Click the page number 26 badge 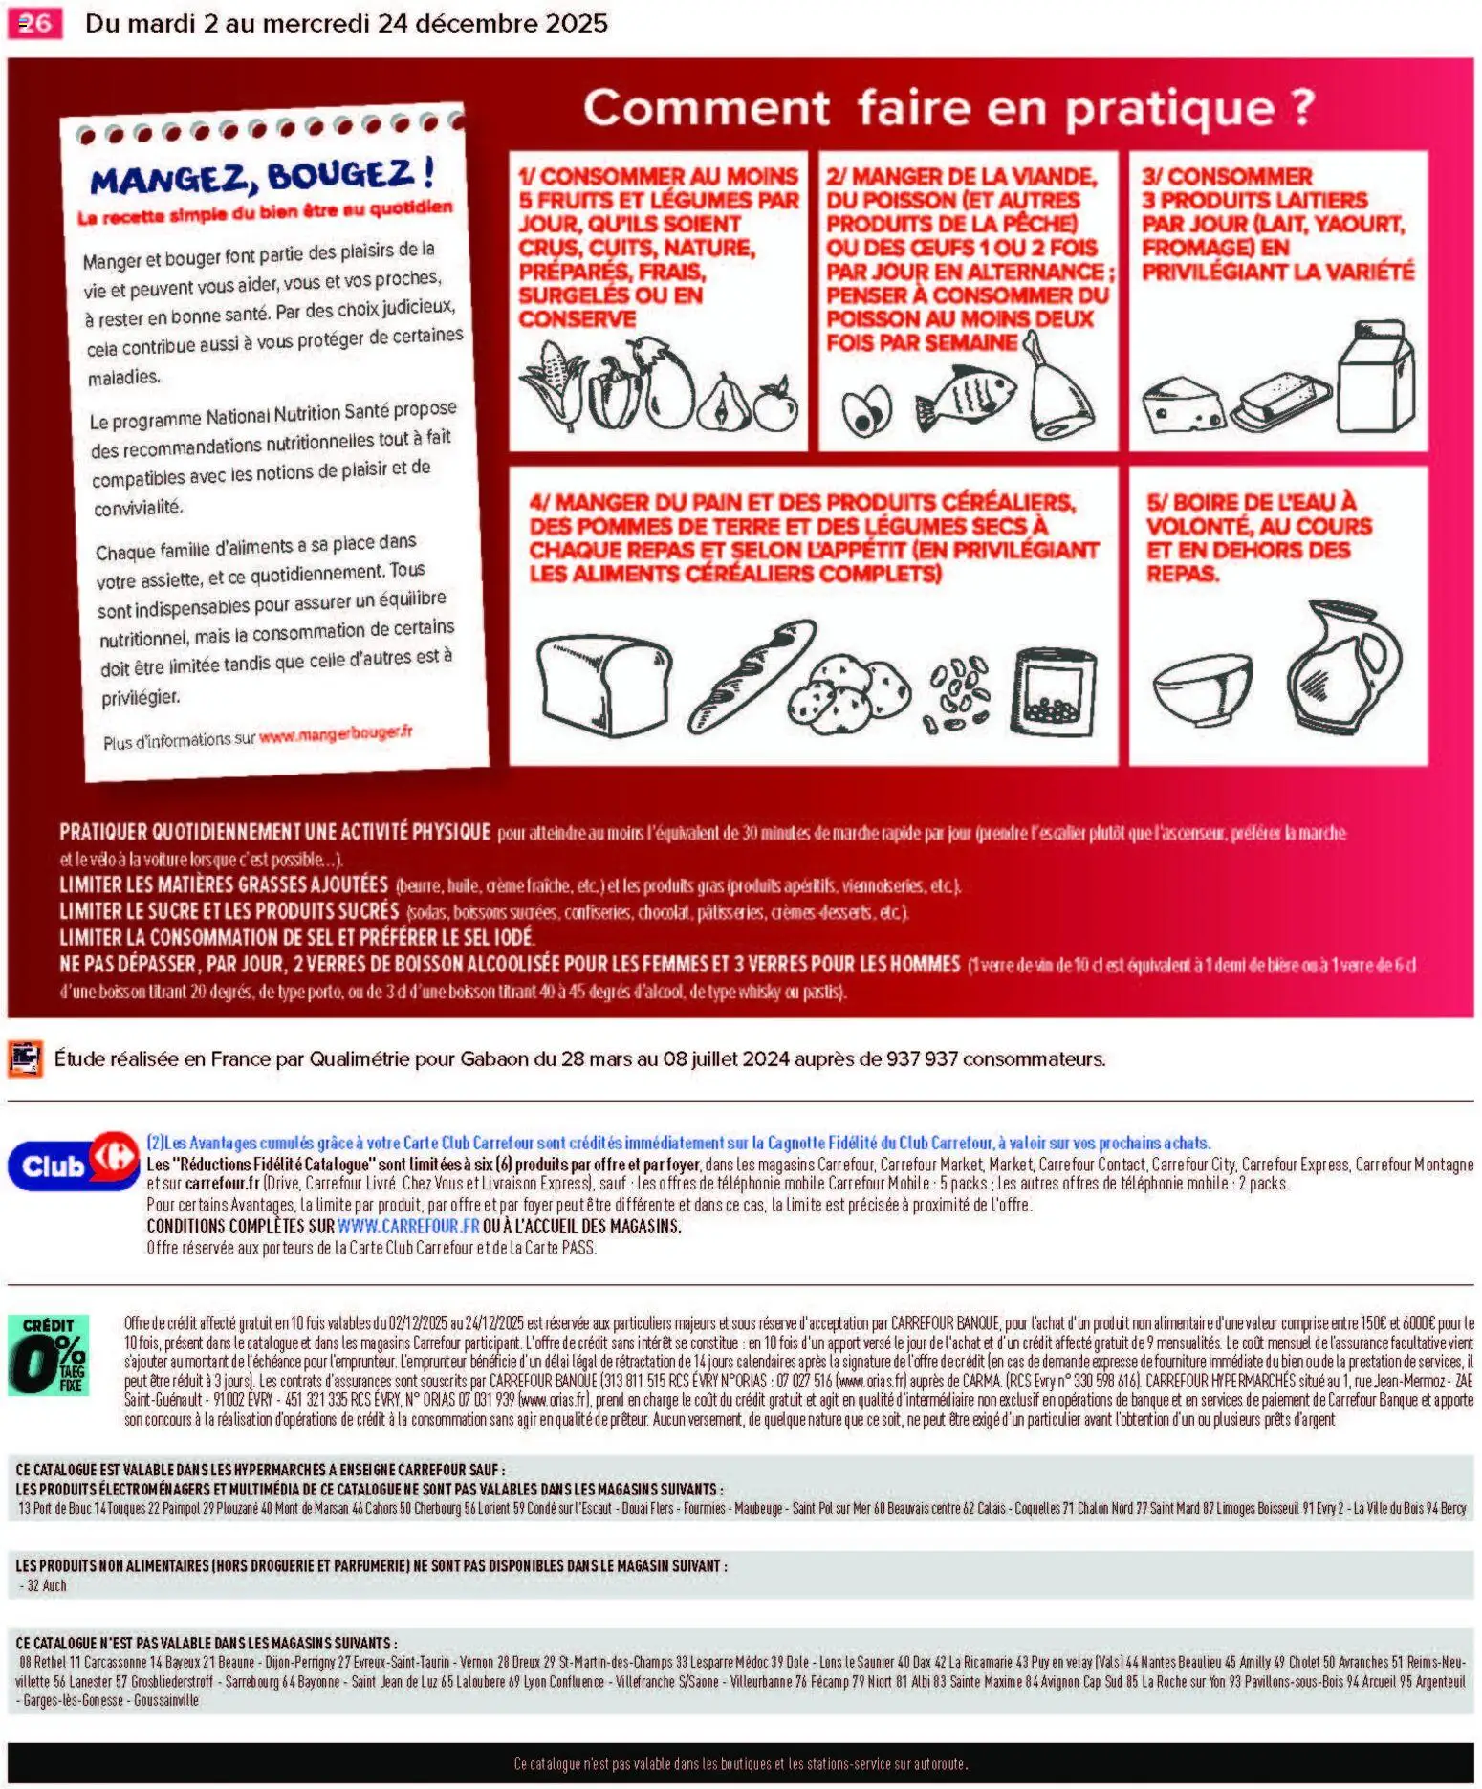pos(34,23)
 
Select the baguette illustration pos(752,674)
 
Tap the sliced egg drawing pos(866,410)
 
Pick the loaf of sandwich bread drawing pos(603,683)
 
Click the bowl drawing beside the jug pos(1201,687)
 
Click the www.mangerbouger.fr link pos(336,734)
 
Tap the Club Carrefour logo pos(74,1164)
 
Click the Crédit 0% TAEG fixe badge pos(48,1355)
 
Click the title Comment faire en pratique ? pos(948,107)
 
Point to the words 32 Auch pos(47,1585)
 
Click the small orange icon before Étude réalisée pos(25,1058)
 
